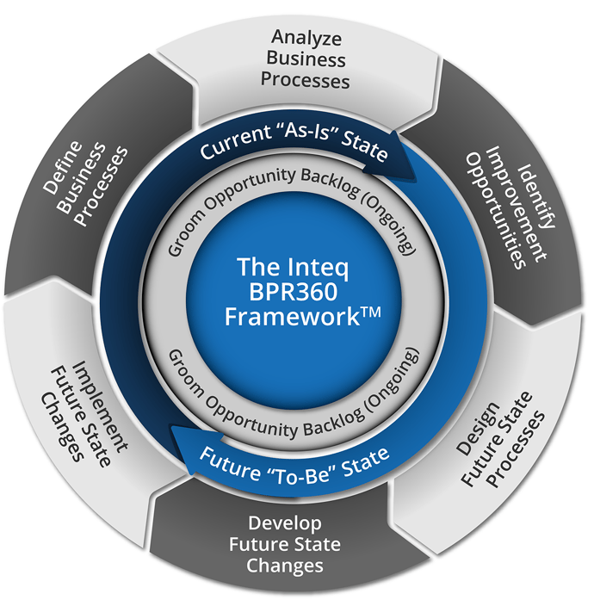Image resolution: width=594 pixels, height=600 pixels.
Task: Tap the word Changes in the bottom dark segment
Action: tap(284, 566)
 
